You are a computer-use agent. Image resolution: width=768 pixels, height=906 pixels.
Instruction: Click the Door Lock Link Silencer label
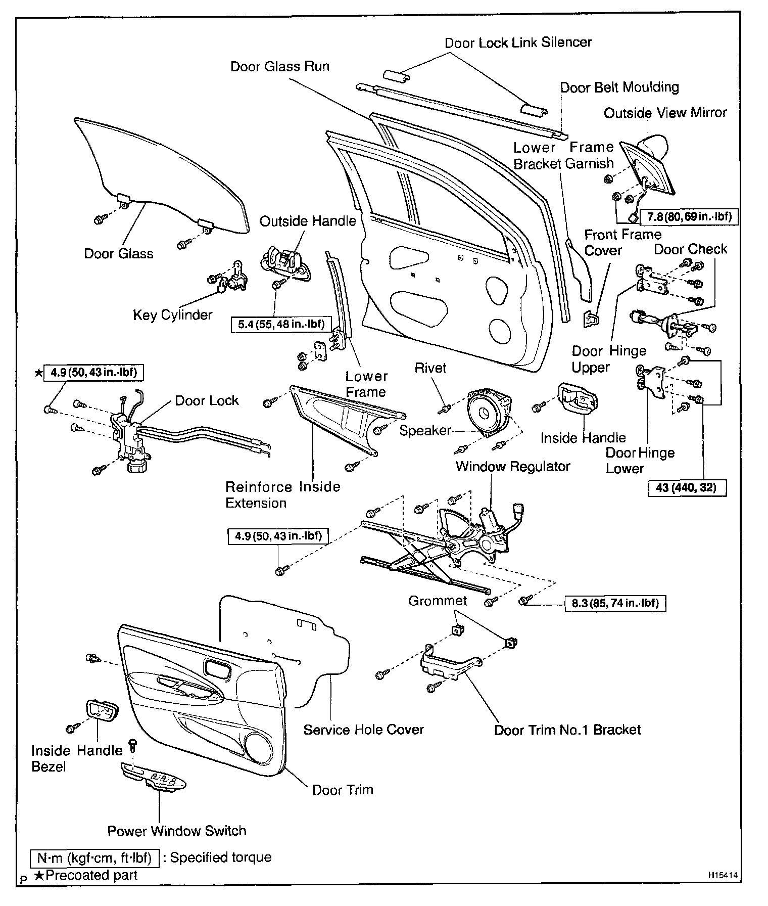click(x=518, y=42)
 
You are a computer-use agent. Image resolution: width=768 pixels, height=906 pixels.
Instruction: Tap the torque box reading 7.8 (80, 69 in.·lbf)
click(x=689, y=217)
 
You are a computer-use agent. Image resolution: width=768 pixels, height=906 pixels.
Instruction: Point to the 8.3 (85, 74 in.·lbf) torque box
click(x=614, y=603)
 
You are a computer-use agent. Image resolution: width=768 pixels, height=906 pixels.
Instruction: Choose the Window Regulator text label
click(x=512, y=466)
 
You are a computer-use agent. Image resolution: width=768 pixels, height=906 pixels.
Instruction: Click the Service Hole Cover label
click(x=363, y=730)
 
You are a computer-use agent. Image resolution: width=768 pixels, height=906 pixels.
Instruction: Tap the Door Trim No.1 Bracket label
click(x=567, y=730)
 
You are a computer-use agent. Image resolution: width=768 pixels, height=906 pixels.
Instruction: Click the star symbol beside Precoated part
click(x=39, y=876)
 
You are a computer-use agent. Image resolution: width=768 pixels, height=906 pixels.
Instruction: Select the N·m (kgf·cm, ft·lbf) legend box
click(x=94, y=857)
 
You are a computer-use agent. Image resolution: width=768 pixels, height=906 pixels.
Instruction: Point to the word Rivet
click(x=430, y=368)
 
